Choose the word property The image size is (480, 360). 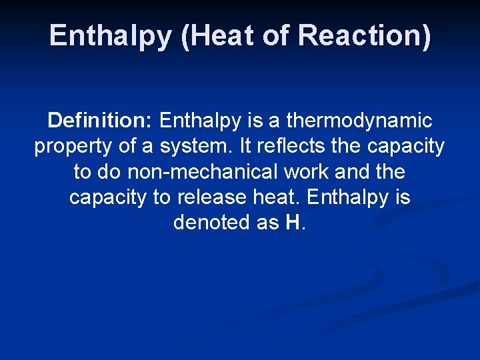click(74, 147)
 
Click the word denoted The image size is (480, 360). click(211, 222)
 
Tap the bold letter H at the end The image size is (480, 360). click(293, 222)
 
